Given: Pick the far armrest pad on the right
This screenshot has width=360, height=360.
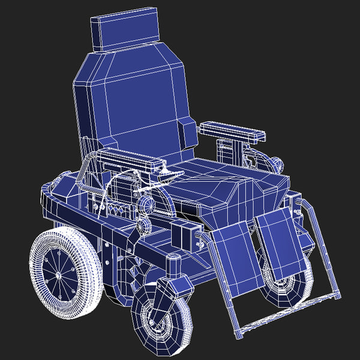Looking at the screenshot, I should click(231, 131).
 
